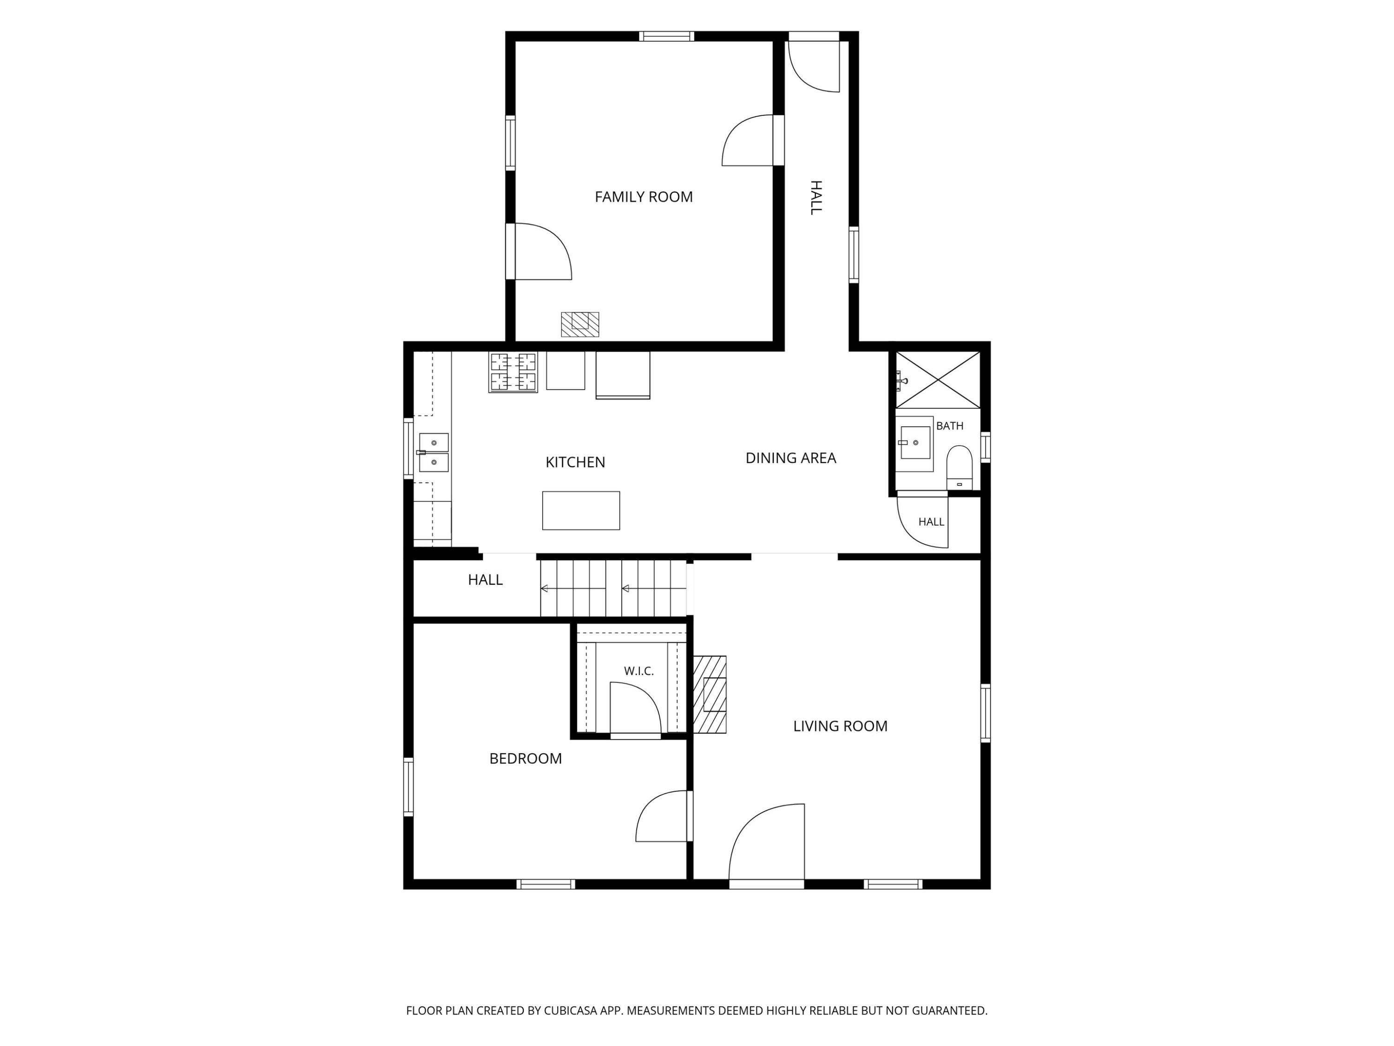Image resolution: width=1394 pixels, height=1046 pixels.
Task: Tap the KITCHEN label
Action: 575,463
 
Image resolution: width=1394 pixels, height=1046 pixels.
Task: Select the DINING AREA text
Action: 791,458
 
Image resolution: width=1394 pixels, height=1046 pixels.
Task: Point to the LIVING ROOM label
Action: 840,726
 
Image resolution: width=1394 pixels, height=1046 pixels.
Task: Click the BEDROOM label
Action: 526,759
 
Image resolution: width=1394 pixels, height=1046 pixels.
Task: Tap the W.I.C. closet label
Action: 639,671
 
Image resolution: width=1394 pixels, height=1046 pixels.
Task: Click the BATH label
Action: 950,426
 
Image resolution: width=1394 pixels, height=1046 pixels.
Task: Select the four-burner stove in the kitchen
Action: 513,372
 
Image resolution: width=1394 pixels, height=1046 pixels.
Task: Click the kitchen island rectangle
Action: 581,511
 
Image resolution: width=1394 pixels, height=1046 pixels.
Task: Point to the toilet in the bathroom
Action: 959,467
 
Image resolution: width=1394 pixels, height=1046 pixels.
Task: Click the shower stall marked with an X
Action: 938,380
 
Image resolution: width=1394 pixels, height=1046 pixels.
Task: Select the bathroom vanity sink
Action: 914,443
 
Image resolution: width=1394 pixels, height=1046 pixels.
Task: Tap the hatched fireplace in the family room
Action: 580,324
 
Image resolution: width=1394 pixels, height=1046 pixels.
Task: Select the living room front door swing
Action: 767,843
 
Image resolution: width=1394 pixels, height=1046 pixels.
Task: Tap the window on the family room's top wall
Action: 667,36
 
